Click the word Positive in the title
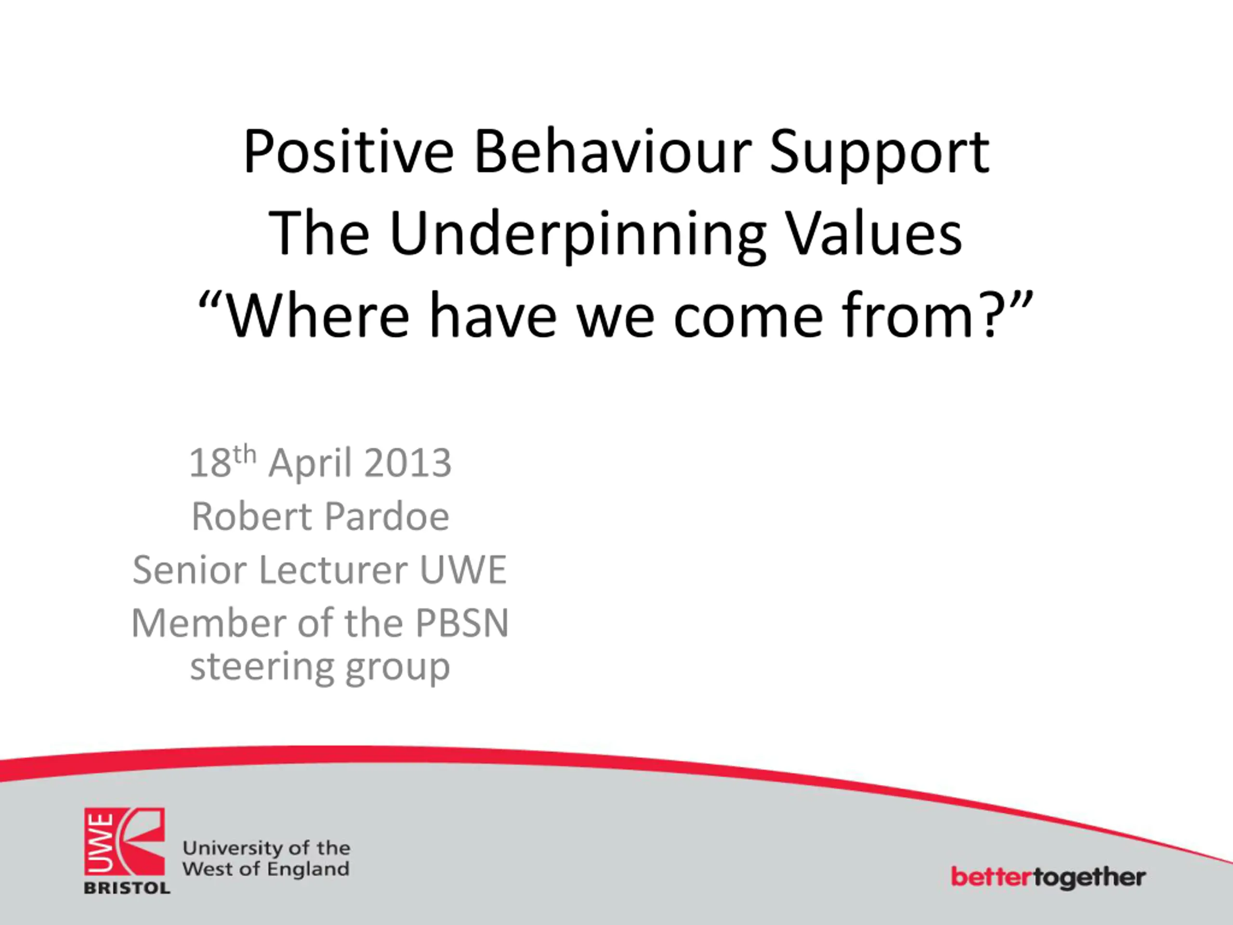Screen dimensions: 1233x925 point(348,152)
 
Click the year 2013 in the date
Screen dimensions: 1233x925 point(407,463)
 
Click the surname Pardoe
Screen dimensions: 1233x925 point(387,516)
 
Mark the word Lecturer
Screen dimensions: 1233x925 point(333,570)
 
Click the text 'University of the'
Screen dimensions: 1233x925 point(266,848)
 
